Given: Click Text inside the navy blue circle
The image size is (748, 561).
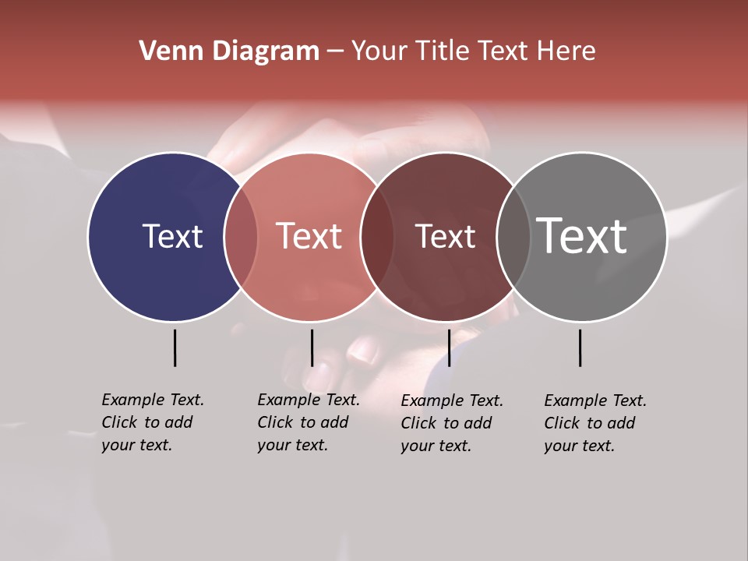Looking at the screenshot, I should (172, 236).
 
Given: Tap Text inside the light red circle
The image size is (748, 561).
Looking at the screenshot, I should (309, 236).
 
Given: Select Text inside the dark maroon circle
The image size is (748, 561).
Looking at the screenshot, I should (445, 237).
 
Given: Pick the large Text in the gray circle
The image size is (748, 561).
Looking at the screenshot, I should (582, 235).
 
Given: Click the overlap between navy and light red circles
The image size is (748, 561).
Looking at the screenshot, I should (241, 237).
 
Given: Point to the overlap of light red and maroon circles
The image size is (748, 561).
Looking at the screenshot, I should (377, 237).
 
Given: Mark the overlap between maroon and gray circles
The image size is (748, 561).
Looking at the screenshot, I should (513, 237).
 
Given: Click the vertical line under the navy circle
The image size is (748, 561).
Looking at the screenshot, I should (175, 348).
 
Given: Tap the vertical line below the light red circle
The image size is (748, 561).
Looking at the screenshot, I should (312, 348).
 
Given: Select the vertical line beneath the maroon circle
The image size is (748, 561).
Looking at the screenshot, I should (449, 348).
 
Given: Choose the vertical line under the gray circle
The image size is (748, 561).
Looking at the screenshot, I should (580, 348).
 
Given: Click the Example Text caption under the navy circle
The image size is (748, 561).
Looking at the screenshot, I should (152, 422).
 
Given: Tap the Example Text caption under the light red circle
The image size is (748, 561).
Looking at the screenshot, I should (308, 422).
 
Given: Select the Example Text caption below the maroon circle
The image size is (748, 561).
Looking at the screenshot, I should (451, 423).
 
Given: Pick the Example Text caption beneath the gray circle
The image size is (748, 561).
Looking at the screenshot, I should (595, 423).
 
